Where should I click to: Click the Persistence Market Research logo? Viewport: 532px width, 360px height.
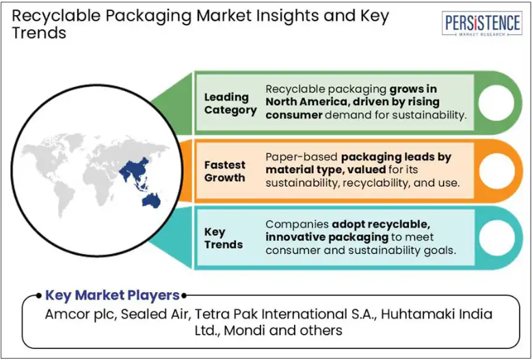[482, 23]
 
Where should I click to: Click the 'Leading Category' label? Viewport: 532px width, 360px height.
[230, 103]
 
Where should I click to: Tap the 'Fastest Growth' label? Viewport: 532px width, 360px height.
[224, 171]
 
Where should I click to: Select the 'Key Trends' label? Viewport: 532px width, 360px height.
[224, 238]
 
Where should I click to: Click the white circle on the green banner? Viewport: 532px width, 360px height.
[496, 103]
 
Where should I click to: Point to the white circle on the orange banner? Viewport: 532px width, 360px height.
[497, 171]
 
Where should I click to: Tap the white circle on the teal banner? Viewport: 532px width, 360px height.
[497, 237]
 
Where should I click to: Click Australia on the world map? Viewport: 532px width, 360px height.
[151, 201]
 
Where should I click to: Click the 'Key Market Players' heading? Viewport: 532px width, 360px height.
[112, 295]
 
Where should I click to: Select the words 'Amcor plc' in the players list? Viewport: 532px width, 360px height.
[81, 314]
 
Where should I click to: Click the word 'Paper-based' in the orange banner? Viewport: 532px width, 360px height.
[302, 157]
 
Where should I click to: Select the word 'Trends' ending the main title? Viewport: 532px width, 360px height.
[39, 34]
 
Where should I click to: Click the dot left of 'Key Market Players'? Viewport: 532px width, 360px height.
[40, 296]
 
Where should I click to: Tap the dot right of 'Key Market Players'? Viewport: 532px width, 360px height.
[184, 296]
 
